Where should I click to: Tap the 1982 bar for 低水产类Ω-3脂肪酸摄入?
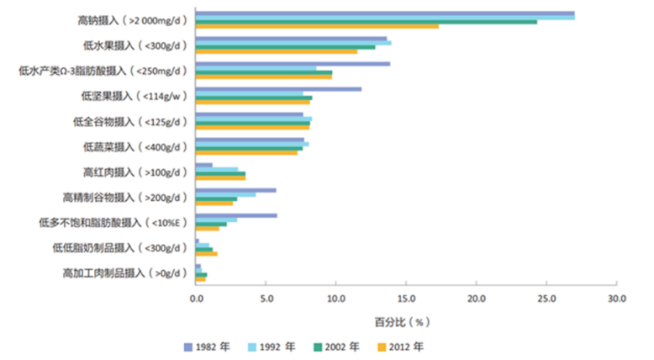pos(293,64)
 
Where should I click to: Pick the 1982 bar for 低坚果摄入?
pos(278,88)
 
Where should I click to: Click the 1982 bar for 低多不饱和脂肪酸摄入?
pos(236,215)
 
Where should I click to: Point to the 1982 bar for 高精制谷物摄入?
pos(235,190)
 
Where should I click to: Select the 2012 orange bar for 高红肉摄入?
pos(220,178)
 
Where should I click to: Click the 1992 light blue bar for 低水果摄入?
pos(293,42)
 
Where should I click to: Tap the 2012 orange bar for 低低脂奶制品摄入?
pos(206,253)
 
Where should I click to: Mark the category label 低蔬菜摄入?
pos(134,147)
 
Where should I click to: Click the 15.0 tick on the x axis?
pos(406,298)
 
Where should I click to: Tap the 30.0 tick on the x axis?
pos(617,298)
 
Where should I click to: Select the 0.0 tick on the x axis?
pos(196,298)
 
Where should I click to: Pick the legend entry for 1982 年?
pos(207,347)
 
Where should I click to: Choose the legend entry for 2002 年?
pos(341,347)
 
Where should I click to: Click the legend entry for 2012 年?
pos(407,347)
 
